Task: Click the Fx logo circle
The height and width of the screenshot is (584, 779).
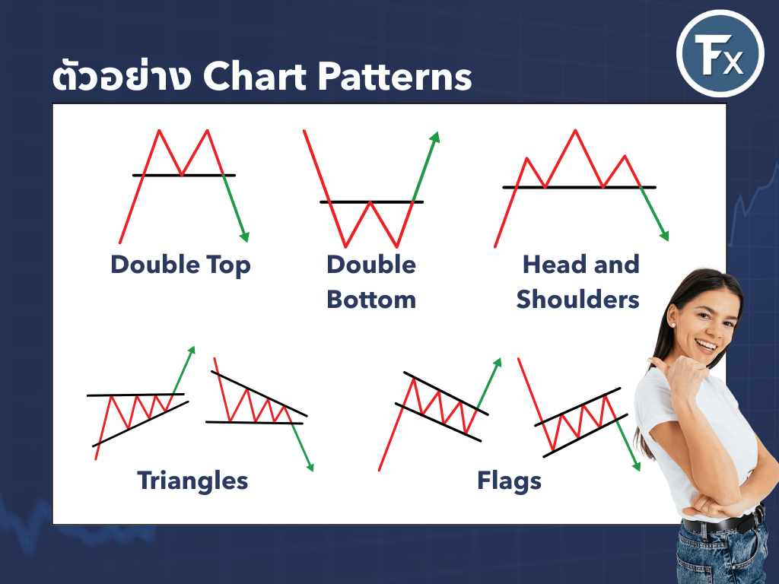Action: (720, 53)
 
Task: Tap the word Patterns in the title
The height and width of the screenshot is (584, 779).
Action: (395, 77)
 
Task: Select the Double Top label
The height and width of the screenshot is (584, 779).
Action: (180, 265)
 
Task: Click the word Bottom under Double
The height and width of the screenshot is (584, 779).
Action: (371, 300)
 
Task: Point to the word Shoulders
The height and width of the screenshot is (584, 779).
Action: (578, 300)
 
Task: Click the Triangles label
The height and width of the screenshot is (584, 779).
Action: (192, 481)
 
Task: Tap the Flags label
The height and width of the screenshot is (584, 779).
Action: (509, 481)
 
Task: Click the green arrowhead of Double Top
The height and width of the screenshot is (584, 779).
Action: (244, 236)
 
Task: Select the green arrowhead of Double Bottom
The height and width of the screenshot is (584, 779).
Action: (435, 137)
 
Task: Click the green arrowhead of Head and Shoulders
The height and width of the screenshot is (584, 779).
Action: (664, 236)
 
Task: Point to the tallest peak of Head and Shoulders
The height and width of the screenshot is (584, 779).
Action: (575, 130)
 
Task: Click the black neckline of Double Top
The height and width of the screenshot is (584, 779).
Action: (184, 176)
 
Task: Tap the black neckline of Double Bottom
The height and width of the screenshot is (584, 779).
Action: (371, 202)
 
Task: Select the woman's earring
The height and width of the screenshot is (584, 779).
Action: (673, 325)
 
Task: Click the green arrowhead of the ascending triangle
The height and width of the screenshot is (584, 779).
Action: (191, 351)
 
